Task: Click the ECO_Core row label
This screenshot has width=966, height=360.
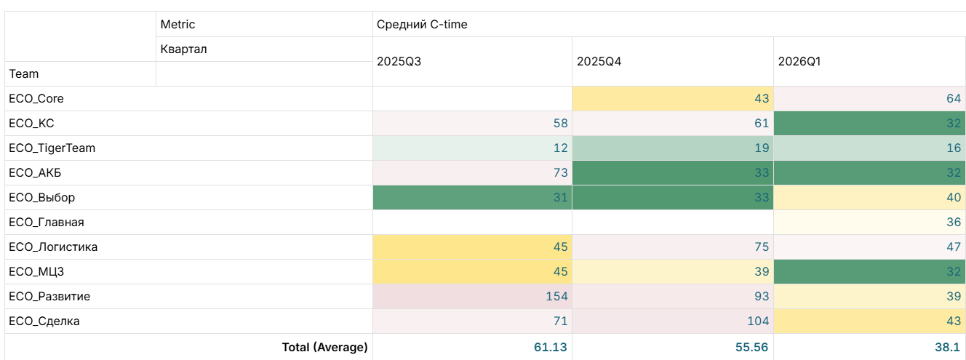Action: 36,99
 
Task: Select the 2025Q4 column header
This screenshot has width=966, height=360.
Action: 599,62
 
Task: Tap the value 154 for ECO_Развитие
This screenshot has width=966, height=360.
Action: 556,296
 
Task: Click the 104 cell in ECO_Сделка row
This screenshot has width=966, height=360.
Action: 758,321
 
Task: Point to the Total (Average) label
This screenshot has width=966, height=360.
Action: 324,347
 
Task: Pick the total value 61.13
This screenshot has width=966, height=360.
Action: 550,347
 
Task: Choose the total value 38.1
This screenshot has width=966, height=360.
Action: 948,347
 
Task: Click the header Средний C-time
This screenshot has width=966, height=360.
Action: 422,25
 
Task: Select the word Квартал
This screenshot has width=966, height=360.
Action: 184,49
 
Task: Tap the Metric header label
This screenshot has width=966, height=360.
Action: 177,25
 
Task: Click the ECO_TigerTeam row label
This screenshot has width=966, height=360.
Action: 52,148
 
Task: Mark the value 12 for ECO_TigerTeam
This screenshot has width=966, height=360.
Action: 561,148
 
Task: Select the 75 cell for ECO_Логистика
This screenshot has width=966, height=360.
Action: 762,247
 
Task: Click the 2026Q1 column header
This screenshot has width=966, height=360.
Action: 799,62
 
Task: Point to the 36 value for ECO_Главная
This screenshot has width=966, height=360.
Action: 954,222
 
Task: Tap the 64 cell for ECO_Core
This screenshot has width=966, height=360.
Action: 954,99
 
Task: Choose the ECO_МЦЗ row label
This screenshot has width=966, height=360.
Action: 36,271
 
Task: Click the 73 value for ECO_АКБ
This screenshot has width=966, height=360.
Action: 561,173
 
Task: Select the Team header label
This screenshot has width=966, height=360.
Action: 24,73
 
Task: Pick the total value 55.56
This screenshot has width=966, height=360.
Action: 751,347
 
